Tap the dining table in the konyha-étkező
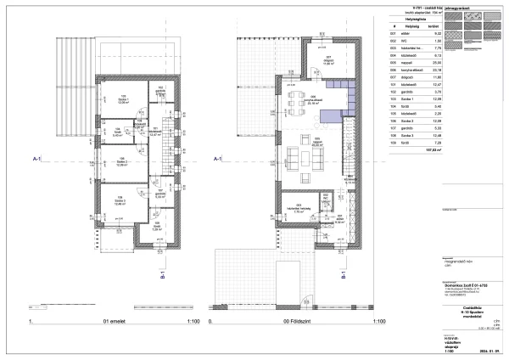298,107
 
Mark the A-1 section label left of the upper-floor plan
37,158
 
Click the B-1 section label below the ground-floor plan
343,274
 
